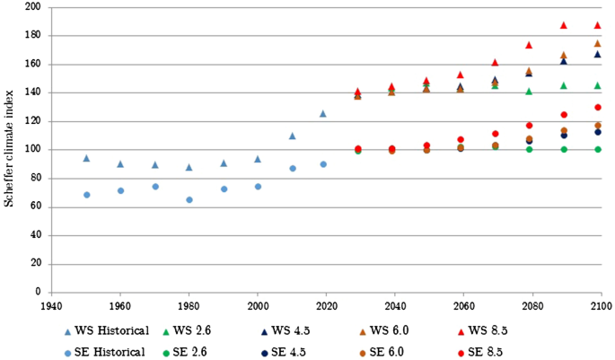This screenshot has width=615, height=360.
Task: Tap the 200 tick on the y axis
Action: click(32, 7)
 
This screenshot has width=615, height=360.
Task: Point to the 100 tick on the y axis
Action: click(32, 150)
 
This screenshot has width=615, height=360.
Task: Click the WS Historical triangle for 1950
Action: click(86, 158)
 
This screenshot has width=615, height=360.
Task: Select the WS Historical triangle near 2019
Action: click(323, 114)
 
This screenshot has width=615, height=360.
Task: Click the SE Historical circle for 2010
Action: click(292, 168)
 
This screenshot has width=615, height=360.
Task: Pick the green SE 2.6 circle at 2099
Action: click(597, 149)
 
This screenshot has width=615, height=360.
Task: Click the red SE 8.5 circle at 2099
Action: click(597, 107)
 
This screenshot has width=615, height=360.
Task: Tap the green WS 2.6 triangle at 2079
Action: click(529, 92)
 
